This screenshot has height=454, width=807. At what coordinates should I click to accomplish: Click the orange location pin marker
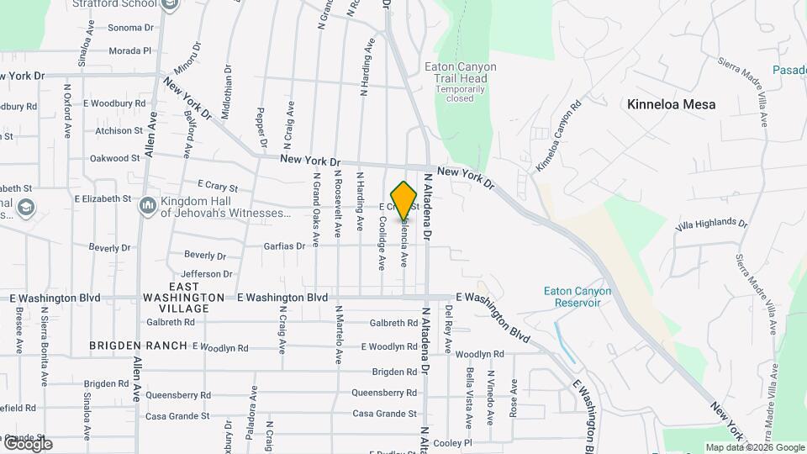click(x=404, y=200)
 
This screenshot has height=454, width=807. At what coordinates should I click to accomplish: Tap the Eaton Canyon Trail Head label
click(x=461, y=78)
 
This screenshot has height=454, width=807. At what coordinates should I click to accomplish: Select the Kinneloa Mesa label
click(x=671, y=104)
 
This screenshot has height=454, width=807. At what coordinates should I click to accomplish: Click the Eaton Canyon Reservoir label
click(x=578, y=297)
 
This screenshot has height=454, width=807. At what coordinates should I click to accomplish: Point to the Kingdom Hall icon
click(x=148, y=205)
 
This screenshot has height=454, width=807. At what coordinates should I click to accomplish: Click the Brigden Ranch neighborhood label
click(x=139, y=346)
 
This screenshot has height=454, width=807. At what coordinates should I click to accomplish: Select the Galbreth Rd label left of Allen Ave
click(x=164, y=322)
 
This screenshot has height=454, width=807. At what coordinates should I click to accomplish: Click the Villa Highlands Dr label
click(x=710, y=224)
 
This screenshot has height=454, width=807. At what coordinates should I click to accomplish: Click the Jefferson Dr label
click(x=206, y=274)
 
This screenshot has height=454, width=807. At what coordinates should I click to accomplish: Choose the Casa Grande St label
click(x=384, y=414)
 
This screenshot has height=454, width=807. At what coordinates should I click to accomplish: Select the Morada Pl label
click(x=129, y=50)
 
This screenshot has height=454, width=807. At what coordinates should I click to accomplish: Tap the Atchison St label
click(x=119, y=131)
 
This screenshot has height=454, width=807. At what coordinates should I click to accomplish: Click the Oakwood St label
click(x=114, y=158)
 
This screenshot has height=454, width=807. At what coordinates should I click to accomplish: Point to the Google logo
click(x=27, y=444)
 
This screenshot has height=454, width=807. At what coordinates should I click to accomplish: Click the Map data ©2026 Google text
click(x=755, y=448)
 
